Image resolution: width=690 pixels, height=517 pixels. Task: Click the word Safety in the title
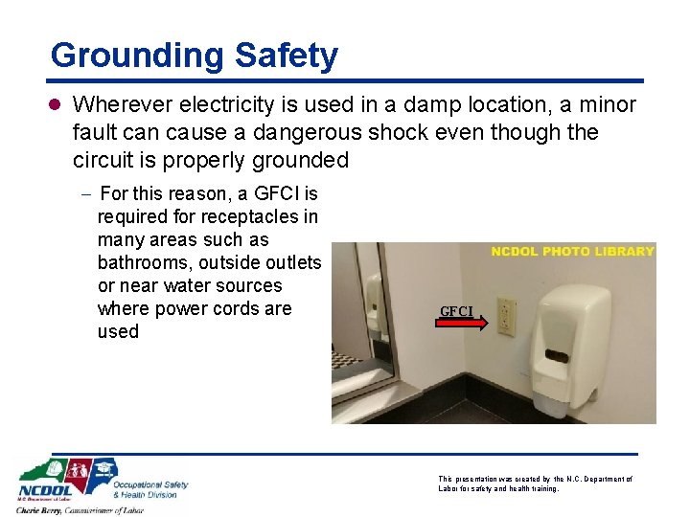289,56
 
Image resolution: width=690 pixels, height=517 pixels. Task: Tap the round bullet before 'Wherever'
57,104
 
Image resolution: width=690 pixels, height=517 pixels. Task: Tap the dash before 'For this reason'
85,194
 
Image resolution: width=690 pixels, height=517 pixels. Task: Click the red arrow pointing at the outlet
463,324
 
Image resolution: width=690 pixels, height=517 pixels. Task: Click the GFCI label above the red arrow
456,310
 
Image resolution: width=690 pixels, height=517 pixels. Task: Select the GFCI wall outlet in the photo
505,318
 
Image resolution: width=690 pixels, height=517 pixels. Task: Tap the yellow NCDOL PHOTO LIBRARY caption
572,251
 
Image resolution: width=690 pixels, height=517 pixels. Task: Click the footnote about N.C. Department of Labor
535,483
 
